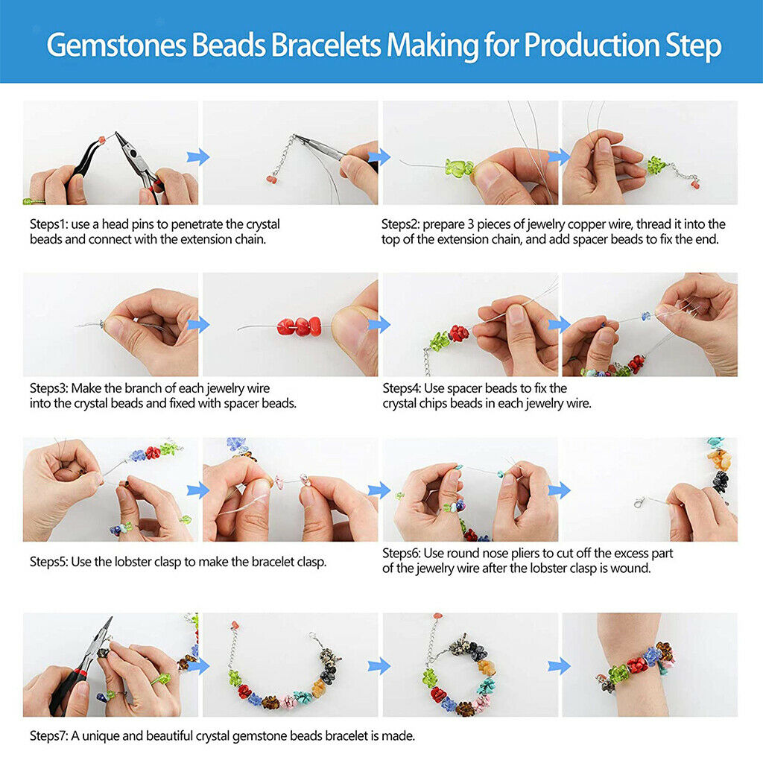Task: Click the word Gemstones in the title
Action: pyautogui.click(x=117, y=45)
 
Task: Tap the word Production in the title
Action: pyautogui.click(x=591, y=45)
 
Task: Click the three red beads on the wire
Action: pyautogui.click(x=300, y=326)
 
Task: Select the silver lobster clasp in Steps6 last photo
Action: pyautogui.click(x=639, y=501)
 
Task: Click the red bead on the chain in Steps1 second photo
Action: pyautogui.click(x=271, y=180)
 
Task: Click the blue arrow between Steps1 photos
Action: pyautogui.click(x=198, y=157)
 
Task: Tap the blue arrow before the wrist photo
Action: pyautogui.click(x=559, y=666)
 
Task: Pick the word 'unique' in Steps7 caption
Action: pyautogui.click(x=100, y=736)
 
